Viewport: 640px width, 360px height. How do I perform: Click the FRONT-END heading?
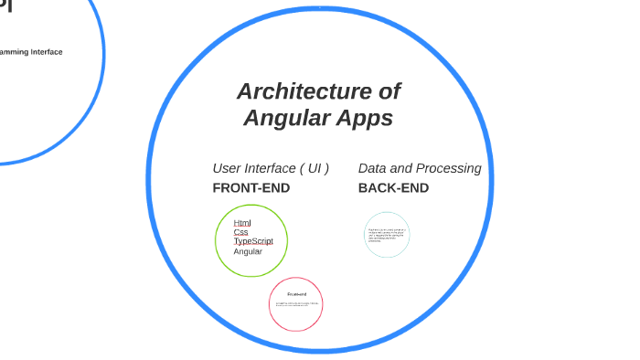251,188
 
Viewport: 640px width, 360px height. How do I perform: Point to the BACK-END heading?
393,188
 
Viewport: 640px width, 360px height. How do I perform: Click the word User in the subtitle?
229,168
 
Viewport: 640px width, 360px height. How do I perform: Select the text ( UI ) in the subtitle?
314,168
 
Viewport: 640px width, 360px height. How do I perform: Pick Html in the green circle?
242,223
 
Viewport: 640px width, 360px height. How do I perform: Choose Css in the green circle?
240,232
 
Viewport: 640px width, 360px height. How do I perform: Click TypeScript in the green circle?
253,241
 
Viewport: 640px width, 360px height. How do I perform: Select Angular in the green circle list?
248,251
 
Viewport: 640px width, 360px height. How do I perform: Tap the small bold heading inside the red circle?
296,294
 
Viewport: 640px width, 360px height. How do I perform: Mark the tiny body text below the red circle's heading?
296,304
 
